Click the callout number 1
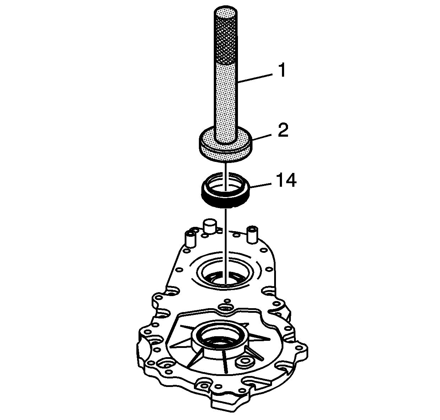[x=282, y=70]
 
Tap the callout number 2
[x=283, y=130]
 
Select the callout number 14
[x=286, y=180]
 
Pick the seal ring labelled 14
[x=226, y=190]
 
